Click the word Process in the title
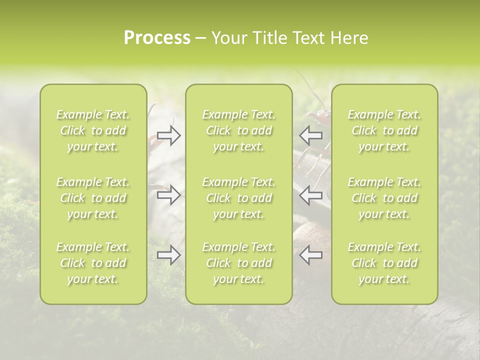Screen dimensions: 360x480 (157, 38)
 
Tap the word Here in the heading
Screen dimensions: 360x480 (349, 38)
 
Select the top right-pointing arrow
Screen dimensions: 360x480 (169, 135)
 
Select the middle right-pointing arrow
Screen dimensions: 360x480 (169, 194)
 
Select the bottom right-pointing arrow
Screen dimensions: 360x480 (169, 255)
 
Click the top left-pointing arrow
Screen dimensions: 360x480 (311, 135)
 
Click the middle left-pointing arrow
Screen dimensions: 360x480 (311, 194)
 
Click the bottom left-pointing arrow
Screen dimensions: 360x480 (311, 255)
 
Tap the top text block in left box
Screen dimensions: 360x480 (93, 130)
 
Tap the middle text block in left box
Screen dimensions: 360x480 (93, 198)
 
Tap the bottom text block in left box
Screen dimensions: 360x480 (93, 263)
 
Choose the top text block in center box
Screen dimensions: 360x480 (238, 130)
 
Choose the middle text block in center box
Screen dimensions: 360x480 (238, 198)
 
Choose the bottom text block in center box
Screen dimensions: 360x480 (238, 263)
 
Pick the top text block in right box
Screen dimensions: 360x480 (384, 130)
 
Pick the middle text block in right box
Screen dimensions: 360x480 (384, 198)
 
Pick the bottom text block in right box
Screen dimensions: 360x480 (384, 263)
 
